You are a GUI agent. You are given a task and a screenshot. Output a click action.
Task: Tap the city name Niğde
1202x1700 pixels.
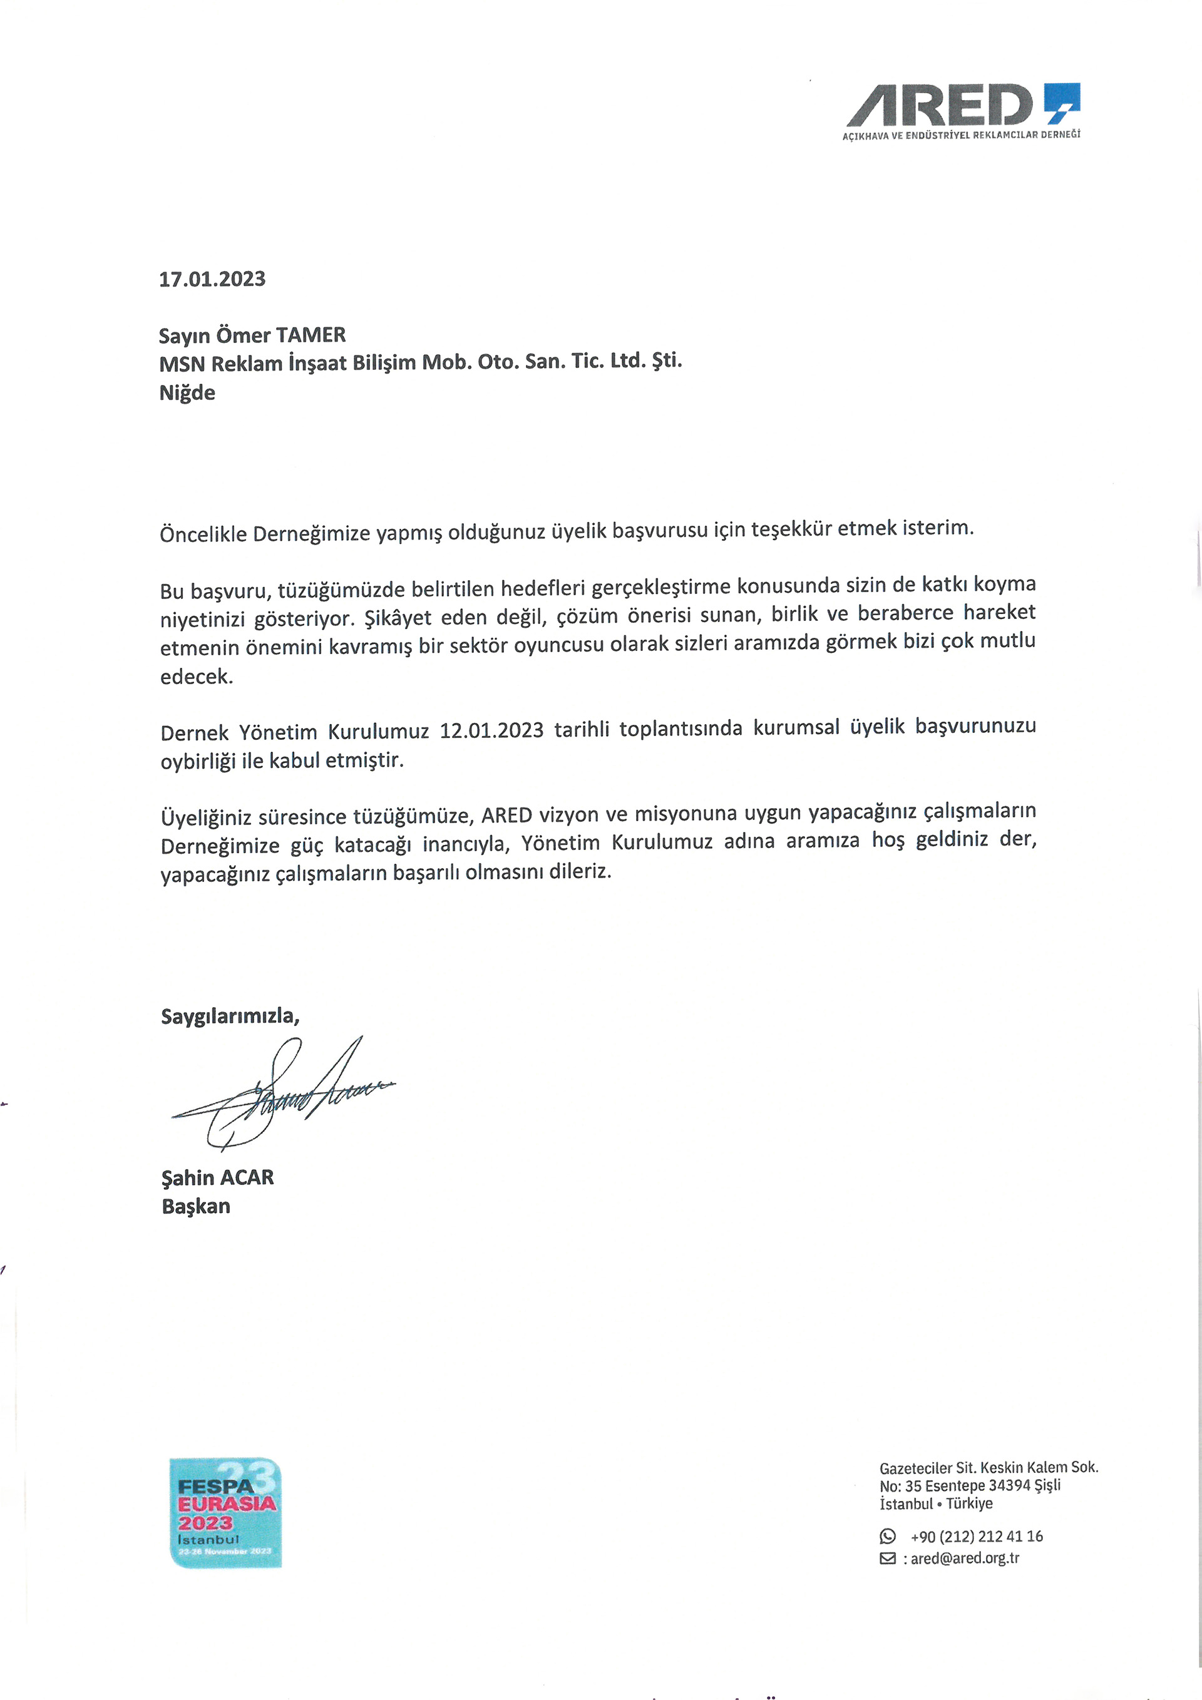(187, 392)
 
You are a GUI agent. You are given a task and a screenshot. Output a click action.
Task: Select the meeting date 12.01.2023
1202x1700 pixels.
(492, 730)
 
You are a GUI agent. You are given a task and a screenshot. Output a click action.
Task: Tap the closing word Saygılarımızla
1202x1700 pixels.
(230, 1016)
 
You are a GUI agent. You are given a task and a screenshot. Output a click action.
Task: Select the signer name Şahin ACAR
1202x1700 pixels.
(218, 1177)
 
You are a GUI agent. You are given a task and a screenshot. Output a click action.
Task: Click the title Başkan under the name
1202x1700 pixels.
(195, 1206)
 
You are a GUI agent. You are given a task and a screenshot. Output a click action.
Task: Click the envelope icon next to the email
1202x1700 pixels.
(887, 1559)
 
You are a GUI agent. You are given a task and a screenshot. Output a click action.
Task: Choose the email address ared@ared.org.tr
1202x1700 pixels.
(964, 1559)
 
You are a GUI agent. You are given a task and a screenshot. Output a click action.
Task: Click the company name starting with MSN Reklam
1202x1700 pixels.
(420, 363)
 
